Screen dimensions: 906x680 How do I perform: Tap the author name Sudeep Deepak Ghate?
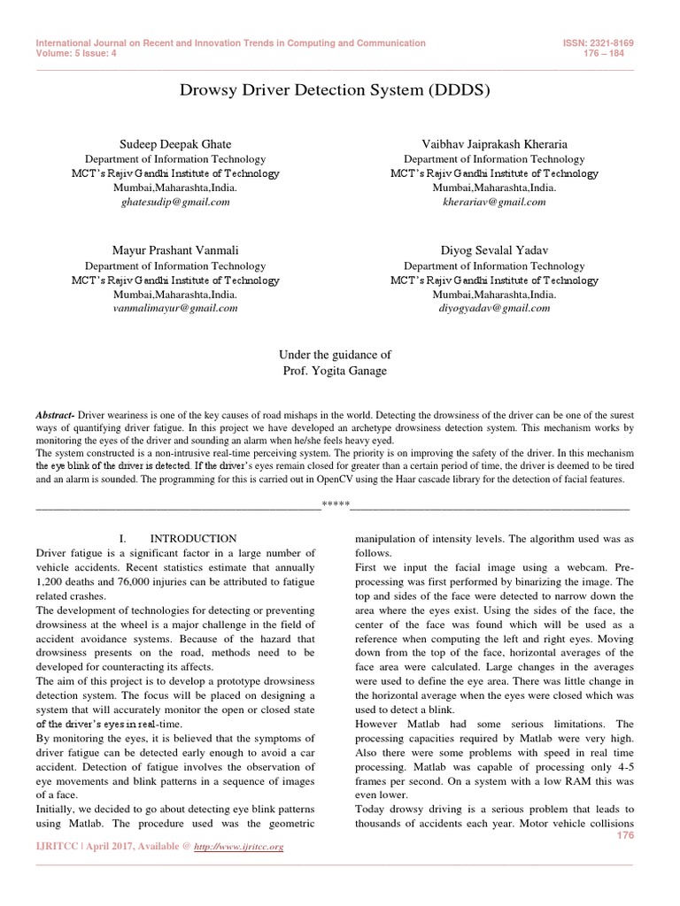[174, 143]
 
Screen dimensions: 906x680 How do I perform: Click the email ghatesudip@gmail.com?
[174, 202]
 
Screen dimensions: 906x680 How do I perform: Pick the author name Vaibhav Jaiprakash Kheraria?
[494, 143]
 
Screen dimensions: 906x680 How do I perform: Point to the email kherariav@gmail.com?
[494, 202]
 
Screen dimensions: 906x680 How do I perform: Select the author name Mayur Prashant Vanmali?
[174, 250]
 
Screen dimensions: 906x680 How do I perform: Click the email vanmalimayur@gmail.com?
[174, 308]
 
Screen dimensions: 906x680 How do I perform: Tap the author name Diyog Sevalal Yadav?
[494, 250]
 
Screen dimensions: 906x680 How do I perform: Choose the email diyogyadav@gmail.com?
[494, 308]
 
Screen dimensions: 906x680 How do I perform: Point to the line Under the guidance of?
[335, 354]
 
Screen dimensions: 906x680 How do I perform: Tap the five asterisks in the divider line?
[336, 507]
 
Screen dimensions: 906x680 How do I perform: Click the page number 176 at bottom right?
[626, 835]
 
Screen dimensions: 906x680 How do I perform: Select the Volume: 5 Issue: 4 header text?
[76, 52]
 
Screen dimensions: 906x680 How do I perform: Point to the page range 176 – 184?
[615, 52]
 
